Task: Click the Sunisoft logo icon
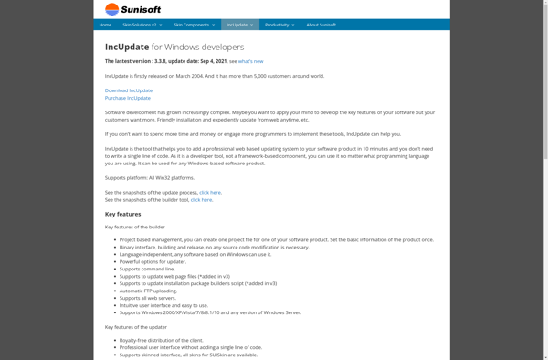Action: pos(111,10)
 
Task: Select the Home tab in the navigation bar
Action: pos(105,25)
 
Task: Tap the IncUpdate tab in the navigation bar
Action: pos(239,25)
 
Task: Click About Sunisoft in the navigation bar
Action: pos(321,25)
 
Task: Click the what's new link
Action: pos(251,61)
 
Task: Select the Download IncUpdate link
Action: pos(129,90)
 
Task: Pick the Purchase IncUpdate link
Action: pos(128,98)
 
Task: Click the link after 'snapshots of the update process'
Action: pos(210,192)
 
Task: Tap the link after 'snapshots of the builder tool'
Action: pos(201,199)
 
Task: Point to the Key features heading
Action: pos(122,213)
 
